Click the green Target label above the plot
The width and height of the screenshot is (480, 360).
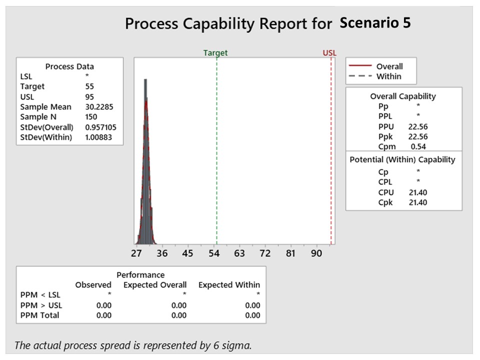coord(215,53)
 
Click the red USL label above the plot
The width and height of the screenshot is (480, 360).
coord(330,53)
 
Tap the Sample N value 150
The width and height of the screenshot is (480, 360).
coord(91,117)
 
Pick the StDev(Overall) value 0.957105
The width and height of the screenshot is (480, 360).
coord(100,127)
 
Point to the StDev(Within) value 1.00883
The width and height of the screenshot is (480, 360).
coord(98,137)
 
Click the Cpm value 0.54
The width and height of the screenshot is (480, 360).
coord(418,146)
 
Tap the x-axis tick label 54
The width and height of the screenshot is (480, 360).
coord(214,253)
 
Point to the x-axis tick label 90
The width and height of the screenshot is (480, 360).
coord(316,253)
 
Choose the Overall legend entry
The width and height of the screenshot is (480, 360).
coord(389,66)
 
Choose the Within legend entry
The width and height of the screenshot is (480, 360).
coord(388,76)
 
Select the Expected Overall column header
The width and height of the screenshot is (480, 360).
coord(155,285)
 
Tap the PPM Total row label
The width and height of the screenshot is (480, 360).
coord(39,315)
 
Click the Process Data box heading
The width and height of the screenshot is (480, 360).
coord(69,66)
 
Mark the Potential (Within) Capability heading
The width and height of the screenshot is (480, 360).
coord(402,159)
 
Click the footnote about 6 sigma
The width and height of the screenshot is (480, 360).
coord(132,345)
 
